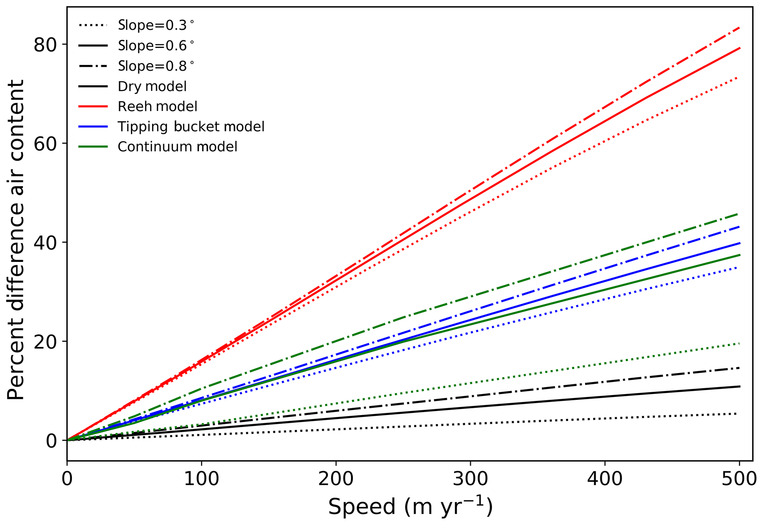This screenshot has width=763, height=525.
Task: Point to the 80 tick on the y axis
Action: click(45, 45)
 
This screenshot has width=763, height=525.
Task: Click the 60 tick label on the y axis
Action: click(45, 144)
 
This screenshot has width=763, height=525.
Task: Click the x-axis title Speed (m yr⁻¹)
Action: click(410, 507)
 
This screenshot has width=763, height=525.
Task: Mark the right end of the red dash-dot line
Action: click(739, 28)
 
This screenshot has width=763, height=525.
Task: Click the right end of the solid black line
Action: click(739, 386)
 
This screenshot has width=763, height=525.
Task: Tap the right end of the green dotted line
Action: click(739, 343)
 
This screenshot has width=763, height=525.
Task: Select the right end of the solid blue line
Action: click(739, 243)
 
